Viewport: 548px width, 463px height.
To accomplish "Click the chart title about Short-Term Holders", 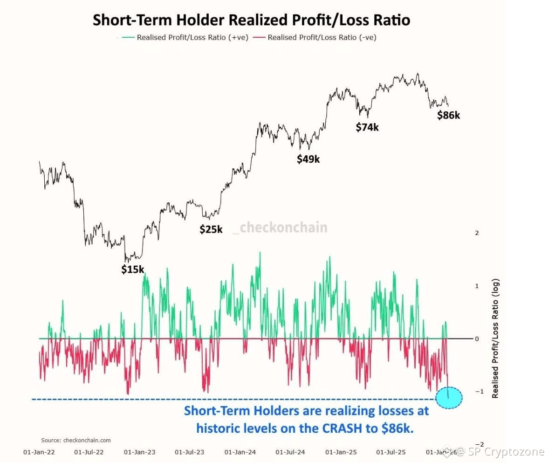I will [251, 21].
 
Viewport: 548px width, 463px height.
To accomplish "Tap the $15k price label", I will [133, 269].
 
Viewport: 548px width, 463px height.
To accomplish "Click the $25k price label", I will [211, 229].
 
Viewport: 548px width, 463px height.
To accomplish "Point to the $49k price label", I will [308, 159].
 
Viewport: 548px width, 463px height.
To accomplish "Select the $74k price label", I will [367, 127].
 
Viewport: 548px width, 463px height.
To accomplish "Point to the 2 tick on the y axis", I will [477, 233].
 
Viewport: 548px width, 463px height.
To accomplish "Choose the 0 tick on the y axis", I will [477, 339].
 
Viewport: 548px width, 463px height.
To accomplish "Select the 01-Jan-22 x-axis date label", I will [39, 452].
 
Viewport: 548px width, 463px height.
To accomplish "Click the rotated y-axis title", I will [495, 339].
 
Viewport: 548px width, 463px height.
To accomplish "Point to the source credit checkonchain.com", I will [76, 440].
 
